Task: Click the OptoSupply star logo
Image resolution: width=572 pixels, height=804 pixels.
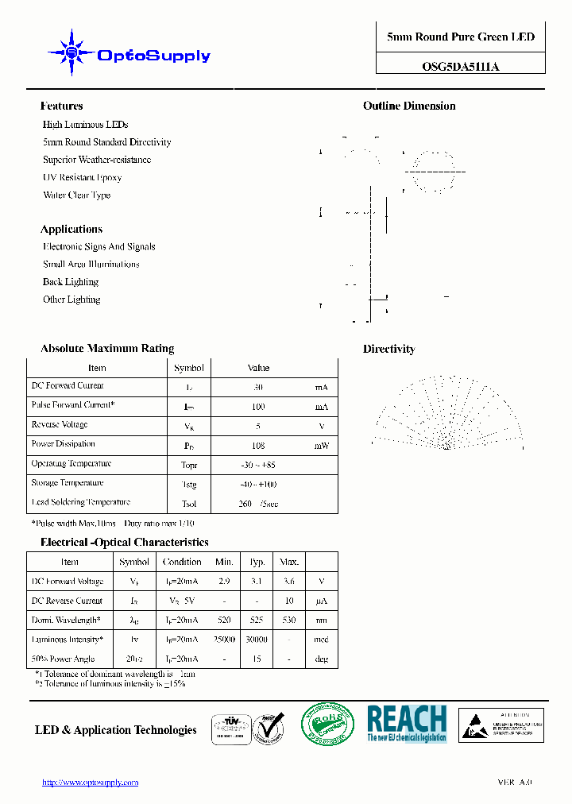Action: [71, 53]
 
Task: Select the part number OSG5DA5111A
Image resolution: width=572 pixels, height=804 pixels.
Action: [460, 67]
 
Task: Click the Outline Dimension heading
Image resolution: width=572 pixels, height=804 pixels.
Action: [409, 106]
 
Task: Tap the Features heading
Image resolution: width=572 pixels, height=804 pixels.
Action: [61, 106]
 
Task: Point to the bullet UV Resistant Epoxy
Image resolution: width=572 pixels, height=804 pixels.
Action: [82, 177]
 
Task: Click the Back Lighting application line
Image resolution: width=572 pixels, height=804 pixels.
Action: [70, 282]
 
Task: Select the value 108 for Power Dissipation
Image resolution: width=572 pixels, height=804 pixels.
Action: [258, 446]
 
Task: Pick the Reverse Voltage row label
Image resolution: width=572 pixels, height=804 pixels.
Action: [60, 425]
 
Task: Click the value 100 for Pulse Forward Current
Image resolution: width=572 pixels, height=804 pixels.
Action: [258, 407]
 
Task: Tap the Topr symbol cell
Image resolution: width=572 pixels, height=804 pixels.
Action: [189, 465]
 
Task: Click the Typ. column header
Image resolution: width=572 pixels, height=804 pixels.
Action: [257, 562]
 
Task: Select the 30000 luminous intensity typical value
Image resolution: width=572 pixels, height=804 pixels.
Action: [257, 640]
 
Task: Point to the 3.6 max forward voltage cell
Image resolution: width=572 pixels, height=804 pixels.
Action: [288, 582]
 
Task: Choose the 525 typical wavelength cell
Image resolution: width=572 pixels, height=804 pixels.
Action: [257, 620]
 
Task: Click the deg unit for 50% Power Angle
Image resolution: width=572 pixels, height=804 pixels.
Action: [321, 659]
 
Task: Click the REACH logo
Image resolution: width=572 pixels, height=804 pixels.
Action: [406, 724]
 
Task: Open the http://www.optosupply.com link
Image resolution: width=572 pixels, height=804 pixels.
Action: [90, 783]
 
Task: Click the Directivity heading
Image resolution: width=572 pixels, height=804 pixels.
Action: [388, 349]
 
